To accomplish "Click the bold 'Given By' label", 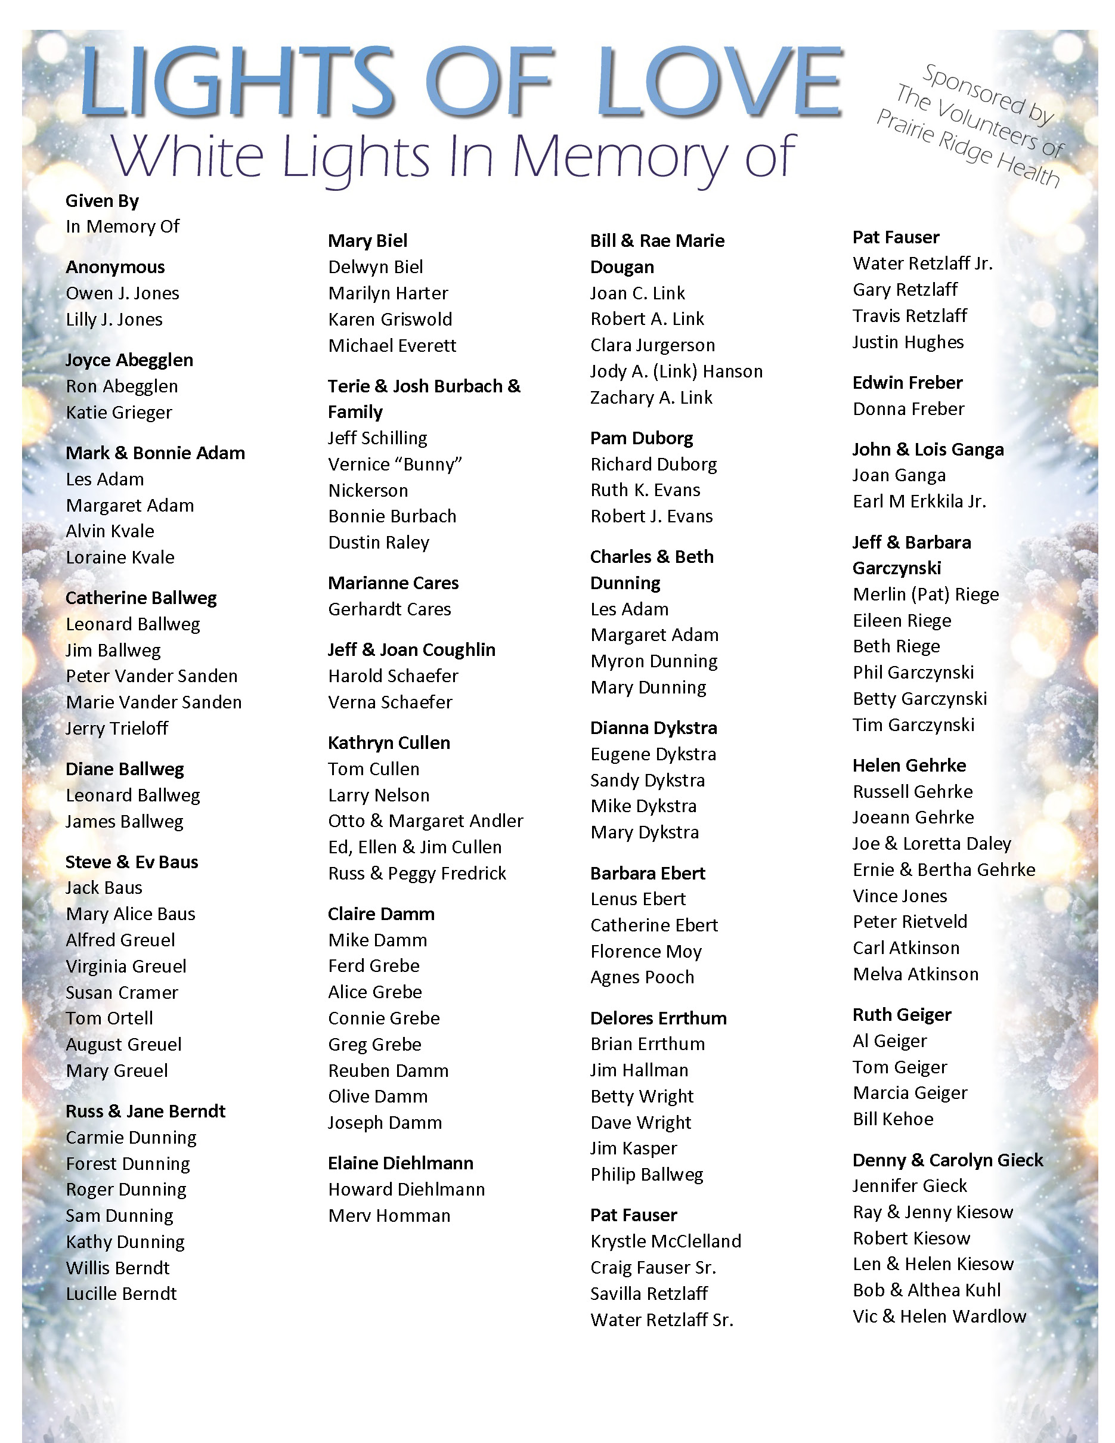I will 102,201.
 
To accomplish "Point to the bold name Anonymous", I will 115,267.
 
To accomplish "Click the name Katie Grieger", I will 119,412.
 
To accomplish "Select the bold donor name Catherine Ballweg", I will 141,598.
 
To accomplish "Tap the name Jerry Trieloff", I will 117,728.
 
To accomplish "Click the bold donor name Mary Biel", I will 367,240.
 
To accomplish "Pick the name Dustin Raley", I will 379,543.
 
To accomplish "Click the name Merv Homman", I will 389,1215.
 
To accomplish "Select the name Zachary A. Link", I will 651,397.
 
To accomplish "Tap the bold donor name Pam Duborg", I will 642,438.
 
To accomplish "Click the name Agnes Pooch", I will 642,977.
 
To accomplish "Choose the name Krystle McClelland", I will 666,1241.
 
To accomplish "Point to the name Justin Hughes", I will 908,342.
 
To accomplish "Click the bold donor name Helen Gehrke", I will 909,765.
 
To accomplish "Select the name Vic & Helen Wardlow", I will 939,1316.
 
